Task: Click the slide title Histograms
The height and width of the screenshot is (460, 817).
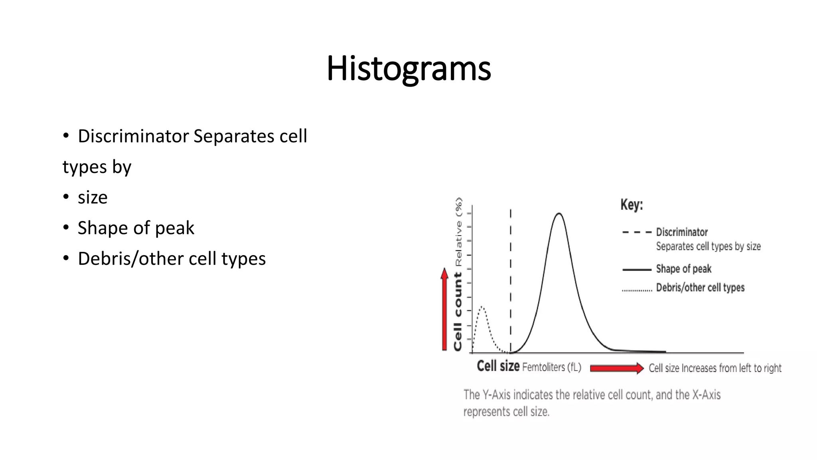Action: (408, 69)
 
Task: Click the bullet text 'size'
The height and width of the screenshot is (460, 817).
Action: (93, 198)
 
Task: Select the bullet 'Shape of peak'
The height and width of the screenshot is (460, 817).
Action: (136, 228)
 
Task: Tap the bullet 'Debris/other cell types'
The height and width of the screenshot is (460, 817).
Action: (172, 259)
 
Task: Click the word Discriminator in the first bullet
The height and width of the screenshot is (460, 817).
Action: (133, 136)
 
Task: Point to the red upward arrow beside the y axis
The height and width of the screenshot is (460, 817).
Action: (444, 309)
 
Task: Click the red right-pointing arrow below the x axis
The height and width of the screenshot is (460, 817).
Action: (616, 368)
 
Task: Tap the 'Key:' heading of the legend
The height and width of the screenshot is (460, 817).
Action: (631, 205)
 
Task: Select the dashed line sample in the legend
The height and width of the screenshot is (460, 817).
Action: (637, 232)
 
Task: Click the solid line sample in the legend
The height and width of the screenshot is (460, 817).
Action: (637, 270)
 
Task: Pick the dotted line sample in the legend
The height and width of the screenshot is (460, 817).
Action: (637, 290)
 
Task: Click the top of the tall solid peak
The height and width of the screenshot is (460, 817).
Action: (559, 214)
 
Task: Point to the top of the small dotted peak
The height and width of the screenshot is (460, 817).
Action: (482, 307)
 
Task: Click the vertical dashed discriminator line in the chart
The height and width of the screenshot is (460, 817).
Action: (511, 280)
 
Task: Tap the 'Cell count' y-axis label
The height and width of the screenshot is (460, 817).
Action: (458, 311)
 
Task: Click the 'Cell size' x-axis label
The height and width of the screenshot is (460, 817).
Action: (498, 366)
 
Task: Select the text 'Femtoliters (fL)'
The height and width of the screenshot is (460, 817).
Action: (551, 367)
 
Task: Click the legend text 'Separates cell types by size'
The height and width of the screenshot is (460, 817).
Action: (708, 246)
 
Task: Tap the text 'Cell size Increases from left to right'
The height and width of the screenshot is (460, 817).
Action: (715, 368)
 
